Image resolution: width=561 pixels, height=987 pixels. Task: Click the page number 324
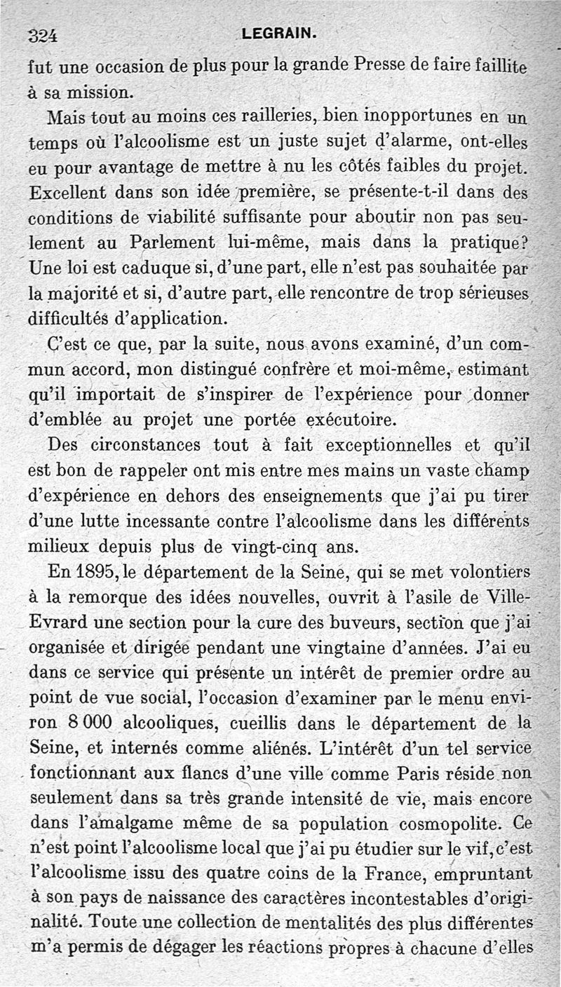point(43,36)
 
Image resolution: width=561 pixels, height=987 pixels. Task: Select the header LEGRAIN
point(279,33)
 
